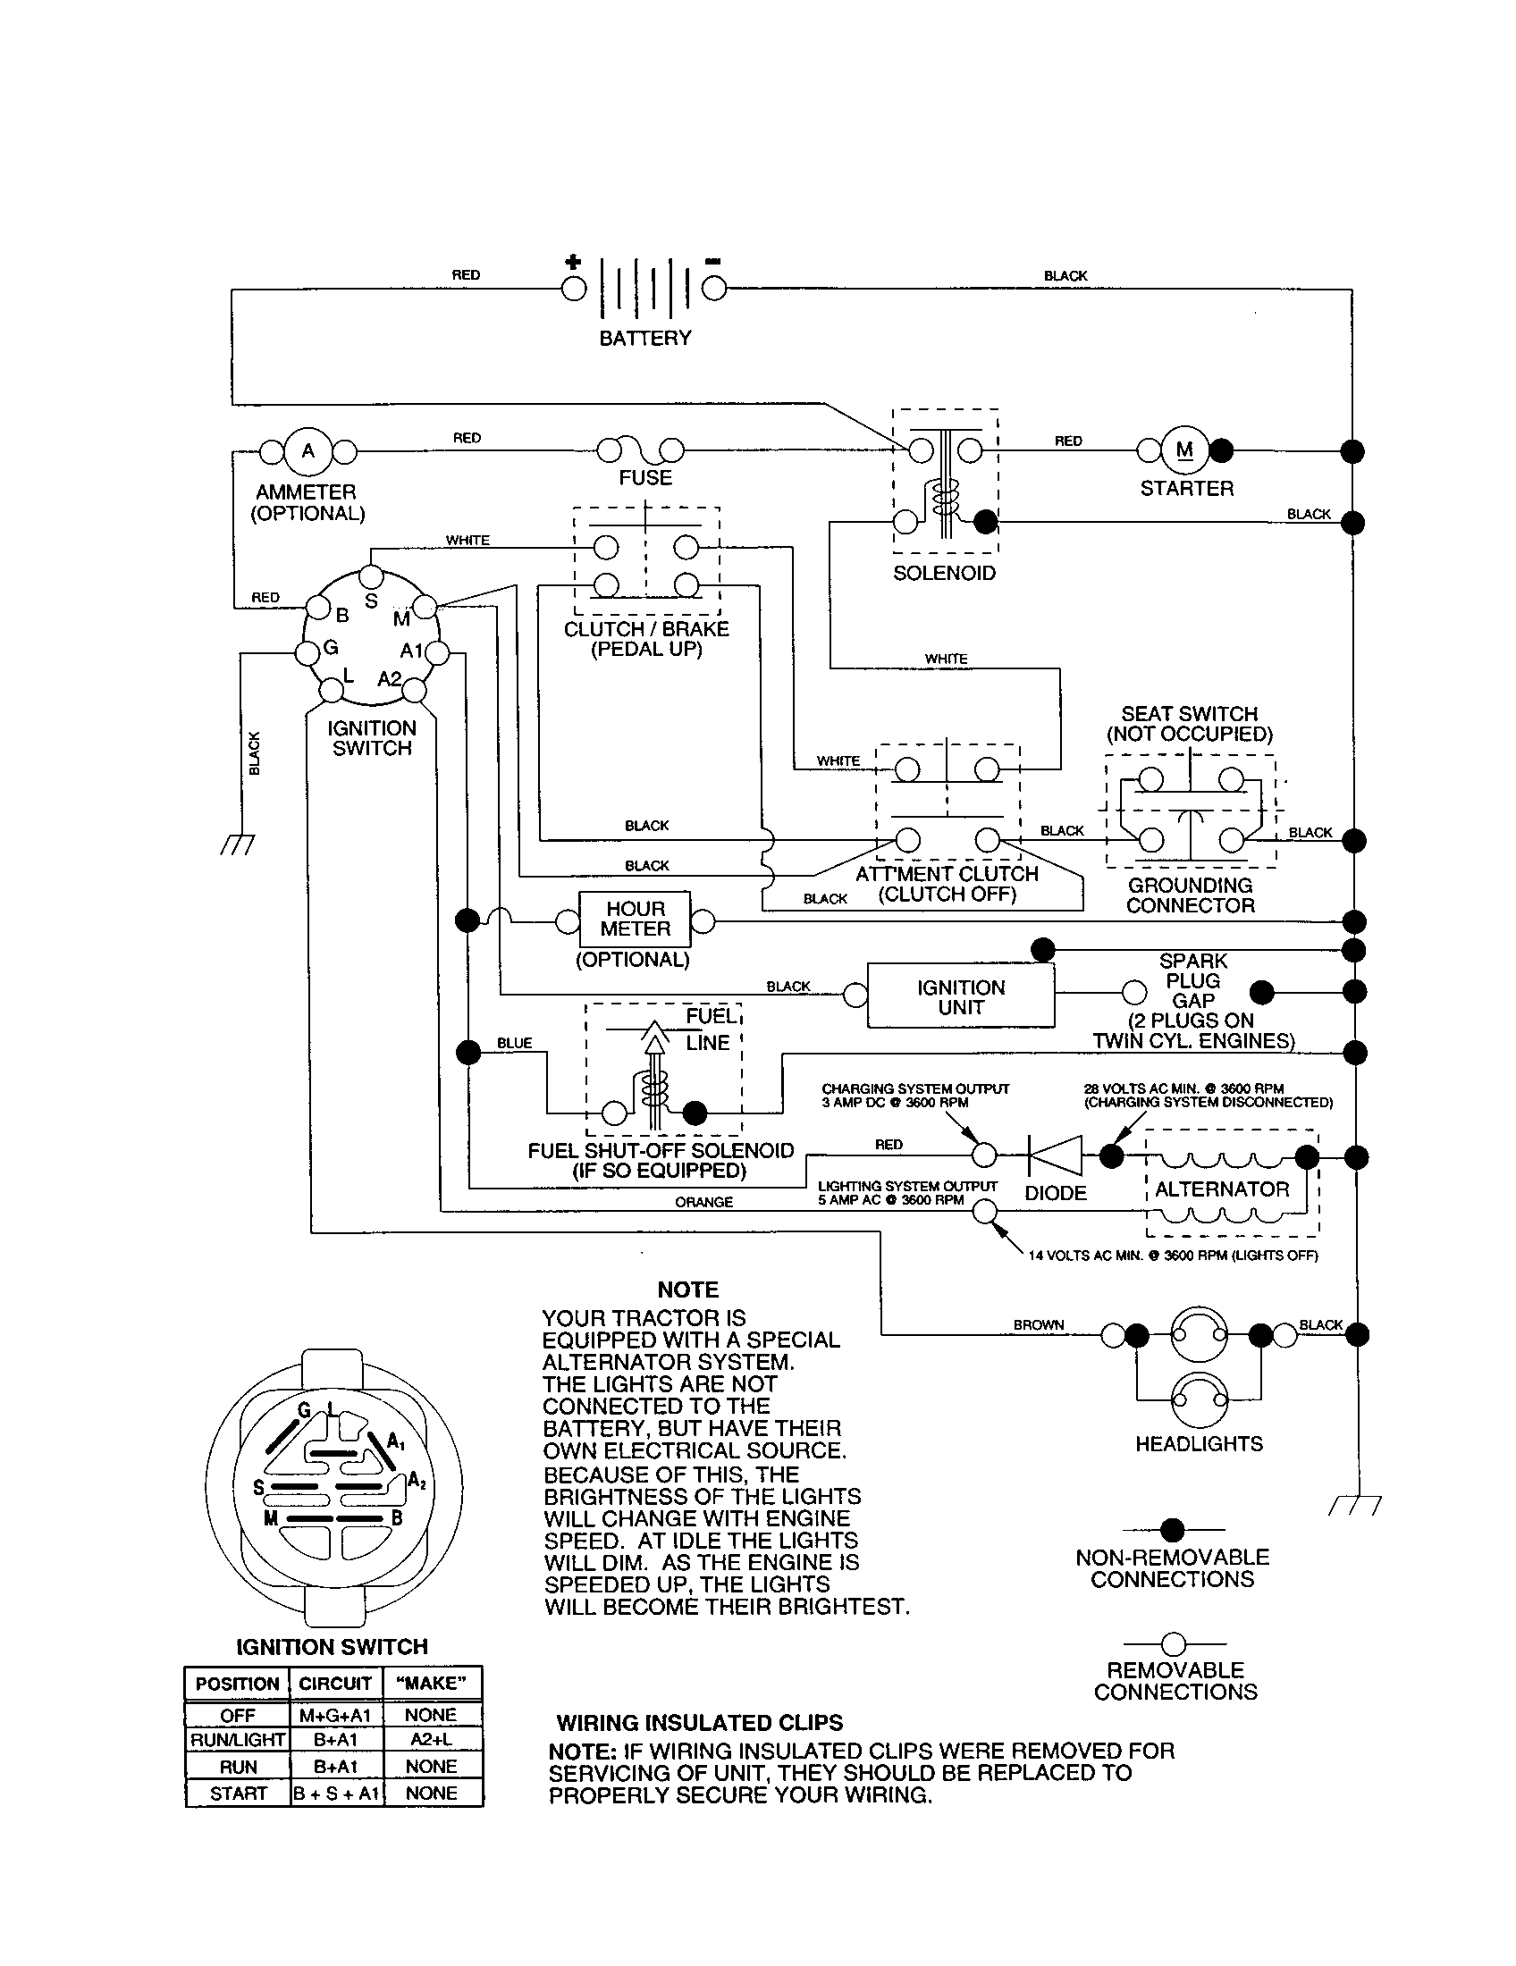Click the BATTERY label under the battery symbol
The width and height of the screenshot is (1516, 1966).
(644, 338)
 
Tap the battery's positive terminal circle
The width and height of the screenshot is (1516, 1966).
(574, 289)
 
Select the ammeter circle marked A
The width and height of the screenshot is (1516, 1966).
(307, 451)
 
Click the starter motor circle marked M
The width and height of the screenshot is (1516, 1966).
(1184, 450)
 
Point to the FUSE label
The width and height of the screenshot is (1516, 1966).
(644, 477)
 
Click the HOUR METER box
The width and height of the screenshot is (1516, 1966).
(635, 919)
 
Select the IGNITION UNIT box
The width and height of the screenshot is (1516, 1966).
(961, 996)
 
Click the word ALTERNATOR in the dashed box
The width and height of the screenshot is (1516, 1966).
(1222, 1189)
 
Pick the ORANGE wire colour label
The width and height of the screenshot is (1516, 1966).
(703, 1202)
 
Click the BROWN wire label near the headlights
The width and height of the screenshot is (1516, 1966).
(1038, 1325)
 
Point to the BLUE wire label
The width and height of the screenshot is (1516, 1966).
(514, 1042)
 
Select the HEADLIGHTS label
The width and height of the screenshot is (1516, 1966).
(1198, 1444)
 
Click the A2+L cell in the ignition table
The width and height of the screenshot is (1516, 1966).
(431, 1739)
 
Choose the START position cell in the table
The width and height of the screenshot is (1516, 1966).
(238, 1794)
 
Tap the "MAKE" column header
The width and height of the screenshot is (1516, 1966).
(431, 1683)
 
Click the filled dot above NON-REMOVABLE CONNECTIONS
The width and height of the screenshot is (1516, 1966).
(1172, 1529)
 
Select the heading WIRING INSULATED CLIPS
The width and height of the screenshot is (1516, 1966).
(700, 1723)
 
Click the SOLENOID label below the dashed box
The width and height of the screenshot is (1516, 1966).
(943, 574)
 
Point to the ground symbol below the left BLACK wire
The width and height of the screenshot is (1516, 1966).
(238, 844)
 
